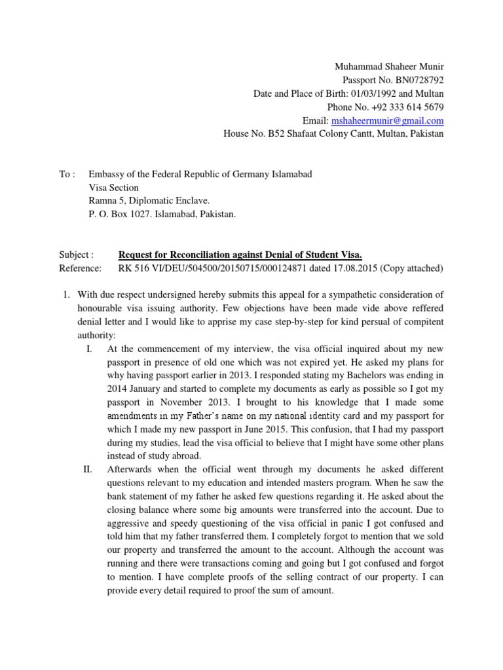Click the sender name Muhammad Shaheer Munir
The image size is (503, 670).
click(x=389, y=67)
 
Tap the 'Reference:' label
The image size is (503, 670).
click(x=80, y=268)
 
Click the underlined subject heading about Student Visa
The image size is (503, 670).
click(x=240, y=255)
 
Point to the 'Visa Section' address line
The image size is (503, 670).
click(x=113, y=187)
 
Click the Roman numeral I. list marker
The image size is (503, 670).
click(x=90, y=349)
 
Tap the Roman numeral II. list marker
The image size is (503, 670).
click(x=90, y=469)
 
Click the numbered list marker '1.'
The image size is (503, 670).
click(x=65, y=295)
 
